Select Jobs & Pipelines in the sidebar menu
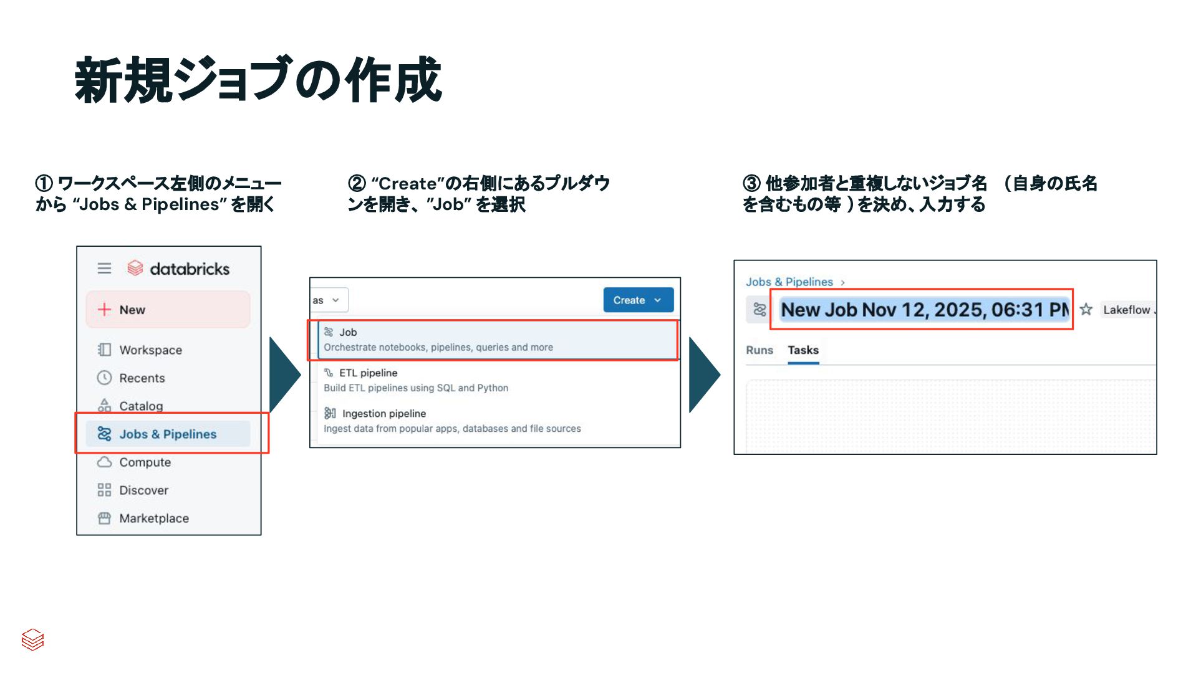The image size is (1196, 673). (168, 434)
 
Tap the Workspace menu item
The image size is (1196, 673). (150, 350)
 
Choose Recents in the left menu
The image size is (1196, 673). (142, 378)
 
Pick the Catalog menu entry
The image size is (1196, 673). (140, 406)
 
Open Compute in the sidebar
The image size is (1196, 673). (145, 462)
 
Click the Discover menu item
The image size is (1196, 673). (143, 490)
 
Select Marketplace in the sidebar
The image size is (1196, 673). (153, 518)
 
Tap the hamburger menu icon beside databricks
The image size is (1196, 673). (104, 269)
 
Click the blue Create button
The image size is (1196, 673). (637, 300)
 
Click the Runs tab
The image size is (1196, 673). (759, 350)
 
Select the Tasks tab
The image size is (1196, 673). (803, 350)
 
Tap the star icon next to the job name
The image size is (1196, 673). (1086, 310)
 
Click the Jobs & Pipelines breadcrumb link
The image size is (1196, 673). (789, 282)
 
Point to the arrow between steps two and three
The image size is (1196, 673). (704, 375)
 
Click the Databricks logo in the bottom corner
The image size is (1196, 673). (32, 639)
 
